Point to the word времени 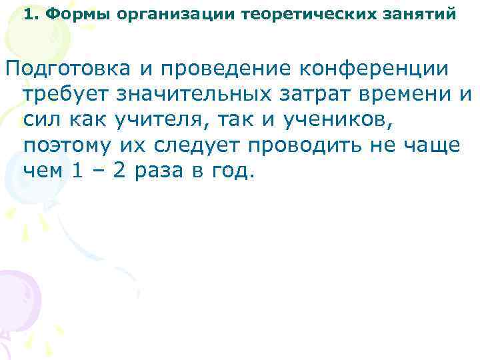pos(409,95)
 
